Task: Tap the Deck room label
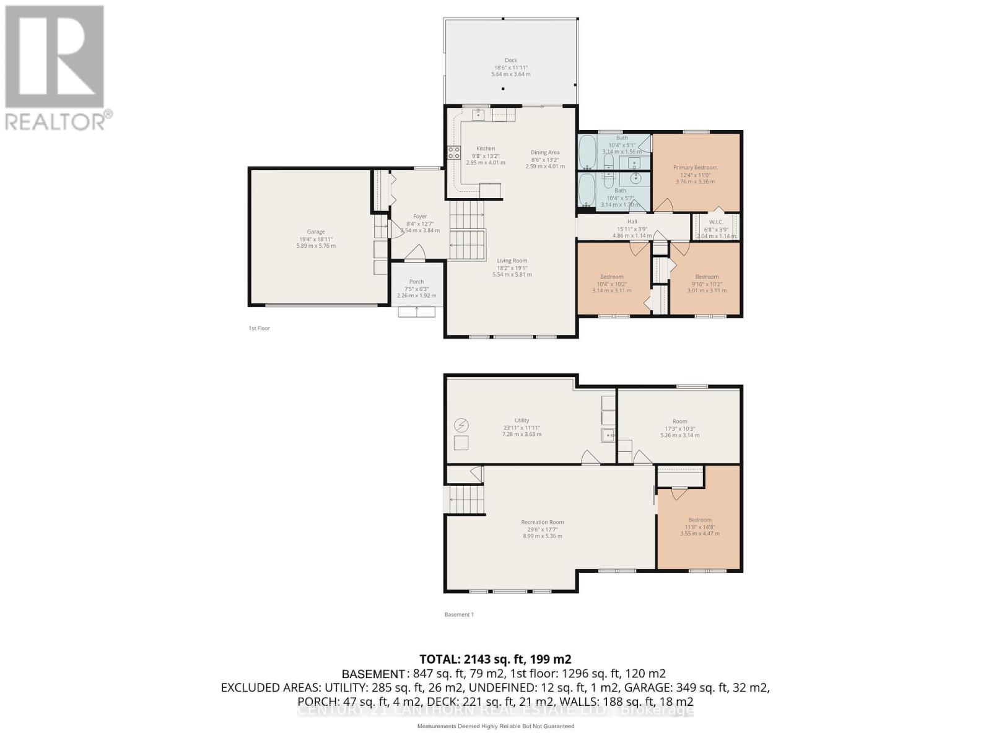coord(511,61)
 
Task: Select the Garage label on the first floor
coord(316,232)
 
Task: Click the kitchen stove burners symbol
coord(454,153)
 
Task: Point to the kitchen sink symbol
coord(478,115)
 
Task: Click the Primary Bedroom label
coord(695,168)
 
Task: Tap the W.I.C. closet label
coord(716,222)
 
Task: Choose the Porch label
coord(416,282)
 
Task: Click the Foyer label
coord(420,217)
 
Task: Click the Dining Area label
coord(545,152)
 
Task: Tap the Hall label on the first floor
coord(632,222)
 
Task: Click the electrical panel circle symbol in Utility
coord(461,425)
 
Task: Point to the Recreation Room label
coord(543,522)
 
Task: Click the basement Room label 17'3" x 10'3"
coord(679,421)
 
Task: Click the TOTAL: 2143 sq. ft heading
coord(495,659)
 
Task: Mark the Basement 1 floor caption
coord(459,614)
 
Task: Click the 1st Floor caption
coord(260,328)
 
